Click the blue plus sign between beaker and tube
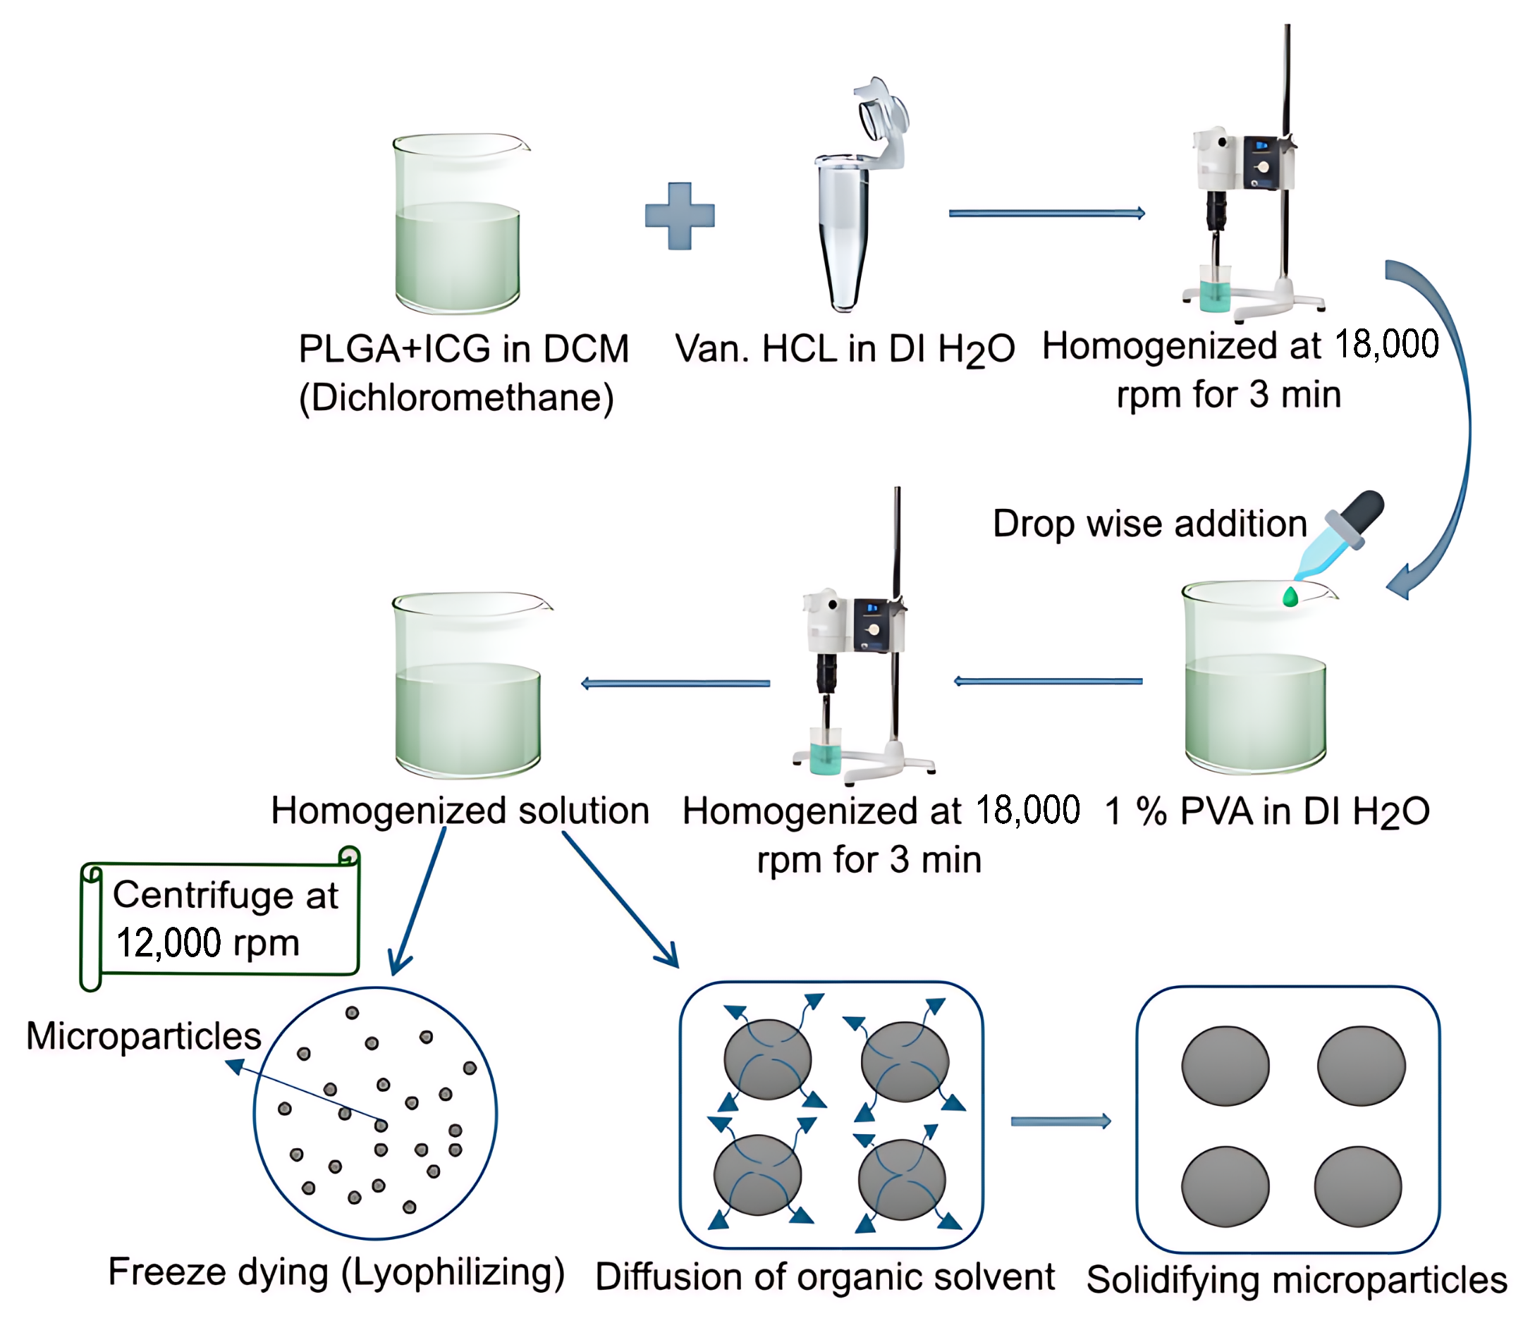click(679, 216)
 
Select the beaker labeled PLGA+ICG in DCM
click(458, 226)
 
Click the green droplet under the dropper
click(1290, 596)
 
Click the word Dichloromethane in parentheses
click(456, 398)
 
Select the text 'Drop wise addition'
click(1149, 524)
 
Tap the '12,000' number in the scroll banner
click(169, 943)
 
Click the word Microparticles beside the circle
click(143, 1035)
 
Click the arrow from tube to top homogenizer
click(1046, 214)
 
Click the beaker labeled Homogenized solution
click(468, 689)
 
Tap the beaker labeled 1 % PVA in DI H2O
click(1255, 682)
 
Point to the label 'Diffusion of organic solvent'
click(824, 1277)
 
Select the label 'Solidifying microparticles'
click(1297, 1280)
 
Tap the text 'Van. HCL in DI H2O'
click(845, 350)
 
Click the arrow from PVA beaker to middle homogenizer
click(1048, 682)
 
